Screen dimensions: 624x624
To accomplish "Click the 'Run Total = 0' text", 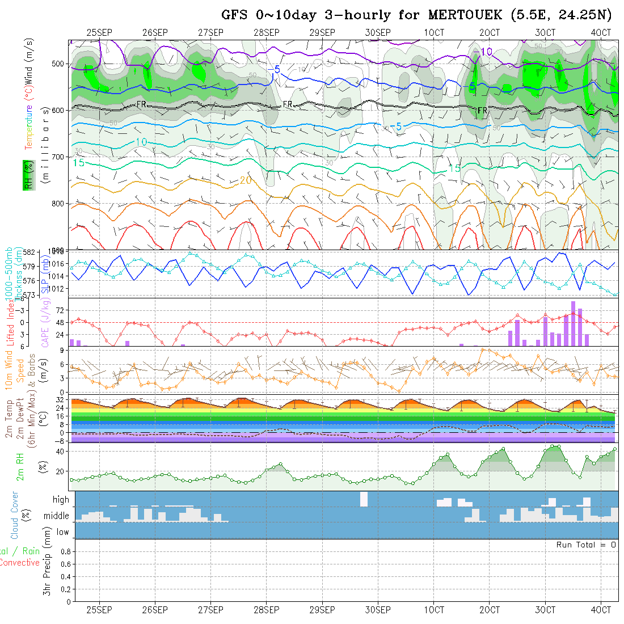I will tap(586, 545).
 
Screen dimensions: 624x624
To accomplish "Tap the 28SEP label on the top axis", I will tap(266, 32).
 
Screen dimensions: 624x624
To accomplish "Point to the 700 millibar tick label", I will tap(58, 157).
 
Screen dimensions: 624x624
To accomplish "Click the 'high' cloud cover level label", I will tap(61, 500).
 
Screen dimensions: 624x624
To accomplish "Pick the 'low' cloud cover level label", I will tap(62, 532).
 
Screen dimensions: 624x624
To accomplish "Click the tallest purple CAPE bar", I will tap(574, 323).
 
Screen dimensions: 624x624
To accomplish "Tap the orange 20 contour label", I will tap(245, 180).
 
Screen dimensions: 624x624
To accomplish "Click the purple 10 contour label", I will tap(486, 52).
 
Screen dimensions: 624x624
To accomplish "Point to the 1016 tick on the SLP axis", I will tap(58, 264).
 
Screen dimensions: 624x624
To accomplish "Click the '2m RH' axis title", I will tap(20, 467).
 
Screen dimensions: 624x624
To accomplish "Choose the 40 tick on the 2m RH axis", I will tap(57, 452).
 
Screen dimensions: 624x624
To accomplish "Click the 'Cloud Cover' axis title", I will tap(14, 515).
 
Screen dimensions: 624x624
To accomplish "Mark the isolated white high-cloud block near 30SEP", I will tap(364, 499).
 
